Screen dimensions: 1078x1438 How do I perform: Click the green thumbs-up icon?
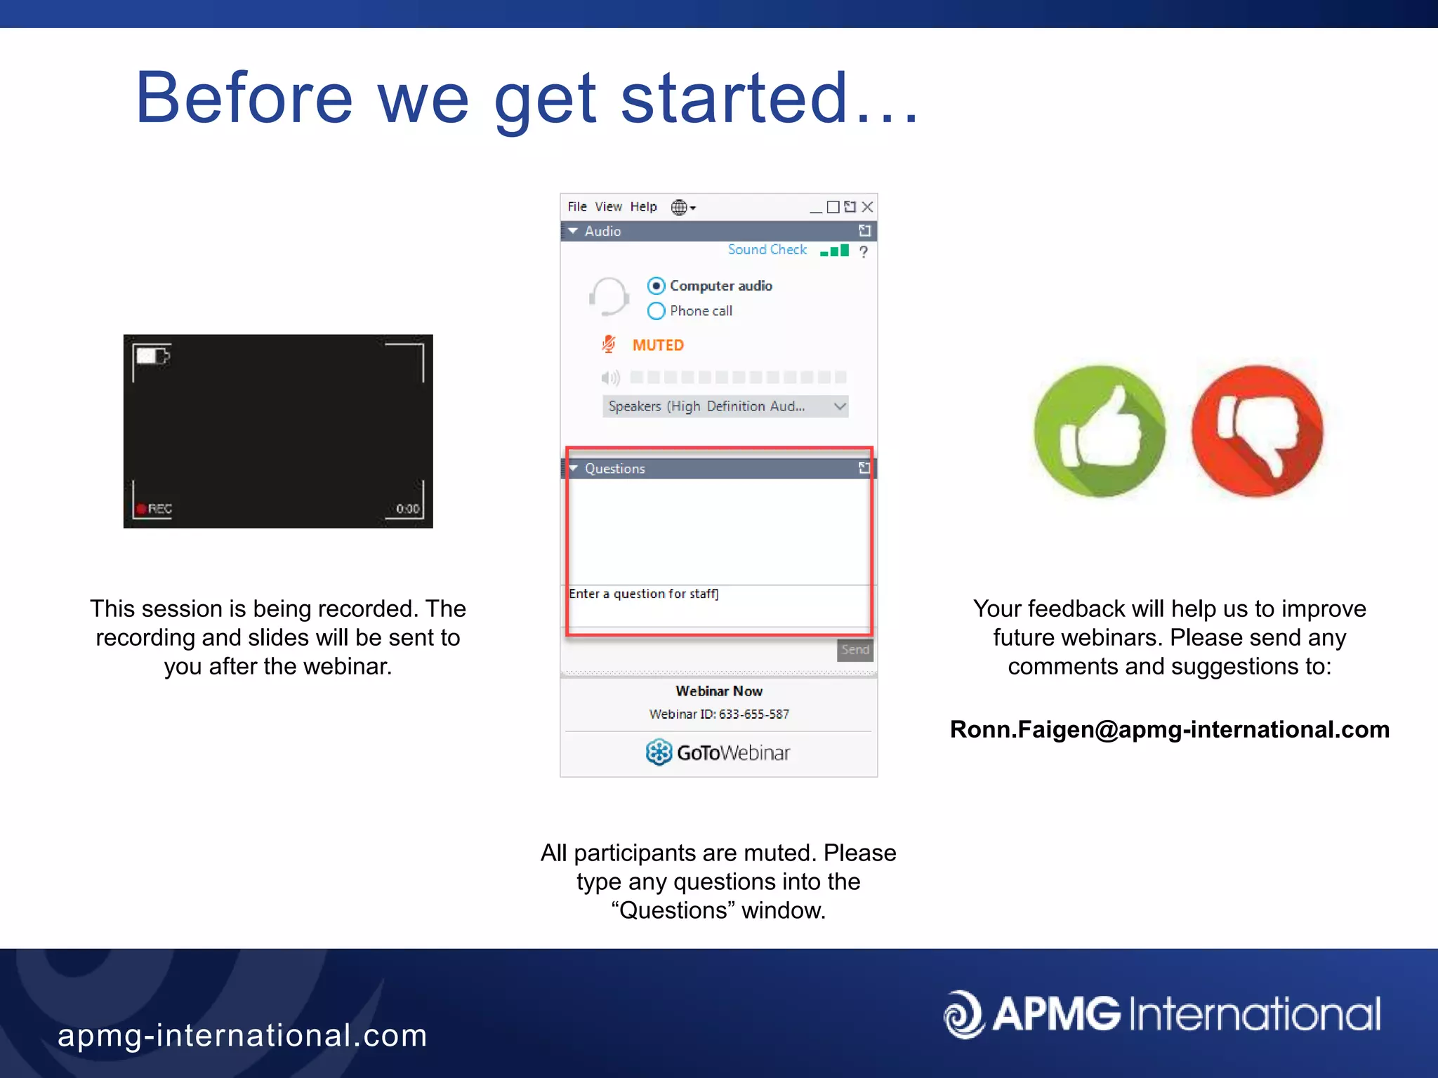pos(1100,431)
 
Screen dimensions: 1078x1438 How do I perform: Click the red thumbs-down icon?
pos(1257,431)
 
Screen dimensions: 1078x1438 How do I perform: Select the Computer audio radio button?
pos(656,286)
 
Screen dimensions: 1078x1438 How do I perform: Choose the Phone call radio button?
pos(656,311)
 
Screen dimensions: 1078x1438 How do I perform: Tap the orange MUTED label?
pos(657,345)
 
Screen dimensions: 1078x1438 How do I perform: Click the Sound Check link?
pos(767,250)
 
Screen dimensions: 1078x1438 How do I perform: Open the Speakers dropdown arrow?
pos(839,406)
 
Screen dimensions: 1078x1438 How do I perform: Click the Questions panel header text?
pos(614,469)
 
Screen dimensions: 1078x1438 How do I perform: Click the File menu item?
pos(576,207)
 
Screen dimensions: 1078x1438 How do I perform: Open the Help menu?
pos(642,207)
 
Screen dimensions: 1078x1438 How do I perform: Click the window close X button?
pos(867,207)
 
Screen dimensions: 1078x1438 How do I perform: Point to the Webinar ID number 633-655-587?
pos(753,714)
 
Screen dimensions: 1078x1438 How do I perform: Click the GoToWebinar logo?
pos(718,752)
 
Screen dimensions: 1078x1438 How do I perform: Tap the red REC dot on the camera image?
pos(141,509)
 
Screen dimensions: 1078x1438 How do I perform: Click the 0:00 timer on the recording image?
pos(407,509)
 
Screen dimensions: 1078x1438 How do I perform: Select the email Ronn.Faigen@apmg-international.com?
pos(1169,730)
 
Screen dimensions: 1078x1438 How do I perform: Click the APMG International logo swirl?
pos(963,1014)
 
